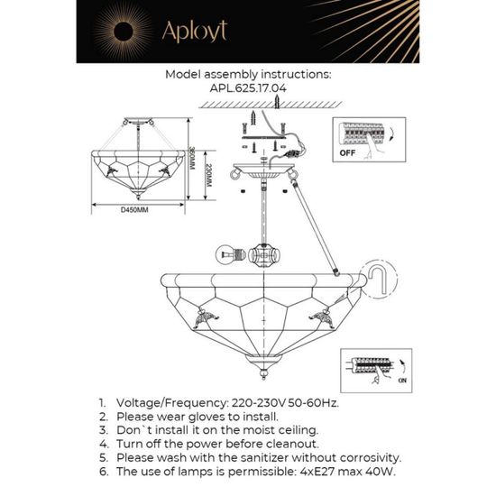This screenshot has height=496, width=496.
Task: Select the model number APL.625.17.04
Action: tap(248, 89)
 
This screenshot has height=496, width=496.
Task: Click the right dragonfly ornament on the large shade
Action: tap(321, 315)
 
